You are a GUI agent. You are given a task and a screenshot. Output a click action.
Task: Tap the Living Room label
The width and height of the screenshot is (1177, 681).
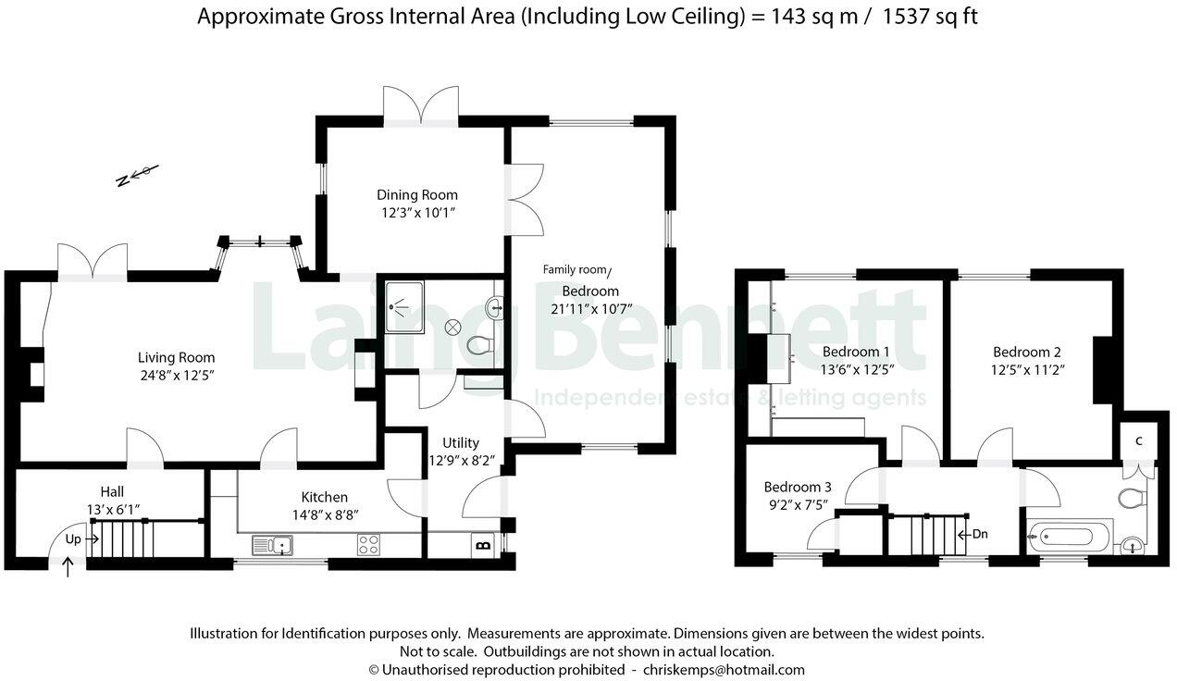pos(176,357)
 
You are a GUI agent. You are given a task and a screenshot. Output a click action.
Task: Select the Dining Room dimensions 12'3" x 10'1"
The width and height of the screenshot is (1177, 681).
pos(416,213)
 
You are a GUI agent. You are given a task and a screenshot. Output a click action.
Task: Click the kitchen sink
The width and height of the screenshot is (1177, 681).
pos(275,545)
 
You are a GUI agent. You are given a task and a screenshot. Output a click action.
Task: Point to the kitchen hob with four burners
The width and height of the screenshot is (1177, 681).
pos(369,545)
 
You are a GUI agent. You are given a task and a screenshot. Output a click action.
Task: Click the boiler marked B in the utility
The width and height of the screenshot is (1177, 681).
pos(482,545)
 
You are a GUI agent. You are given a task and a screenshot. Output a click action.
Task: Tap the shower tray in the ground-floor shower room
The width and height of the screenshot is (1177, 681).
pos(404,303)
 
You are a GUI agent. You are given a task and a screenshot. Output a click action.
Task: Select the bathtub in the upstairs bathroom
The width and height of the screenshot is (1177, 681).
pos(1068,536)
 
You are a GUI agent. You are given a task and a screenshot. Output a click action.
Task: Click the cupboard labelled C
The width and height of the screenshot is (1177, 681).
pos(1139,440)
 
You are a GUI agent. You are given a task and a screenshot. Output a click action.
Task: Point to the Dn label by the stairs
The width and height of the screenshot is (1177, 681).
pos(980,534)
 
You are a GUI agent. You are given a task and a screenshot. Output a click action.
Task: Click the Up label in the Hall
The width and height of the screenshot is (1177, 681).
pos(73,538)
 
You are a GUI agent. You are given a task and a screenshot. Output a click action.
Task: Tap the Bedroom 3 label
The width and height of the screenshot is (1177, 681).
pos(798,487)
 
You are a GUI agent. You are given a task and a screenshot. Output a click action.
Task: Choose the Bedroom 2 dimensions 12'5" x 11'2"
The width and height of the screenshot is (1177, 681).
pos(1026,369)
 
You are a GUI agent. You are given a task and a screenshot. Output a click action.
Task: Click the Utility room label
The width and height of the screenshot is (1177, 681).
pos(460,442)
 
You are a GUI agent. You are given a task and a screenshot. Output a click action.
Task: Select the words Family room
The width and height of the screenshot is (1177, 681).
pos(574,270)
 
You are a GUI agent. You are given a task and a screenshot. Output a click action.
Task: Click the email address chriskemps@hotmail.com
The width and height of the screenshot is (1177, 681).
pos(724,669)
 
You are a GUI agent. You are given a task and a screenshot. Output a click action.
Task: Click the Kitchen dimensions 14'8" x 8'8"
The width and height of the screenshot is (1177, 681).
pos(324,514)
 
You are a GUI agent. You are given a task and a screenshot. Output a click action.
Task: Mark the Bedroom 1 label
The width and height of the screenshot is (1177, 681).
pos(856,352)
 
